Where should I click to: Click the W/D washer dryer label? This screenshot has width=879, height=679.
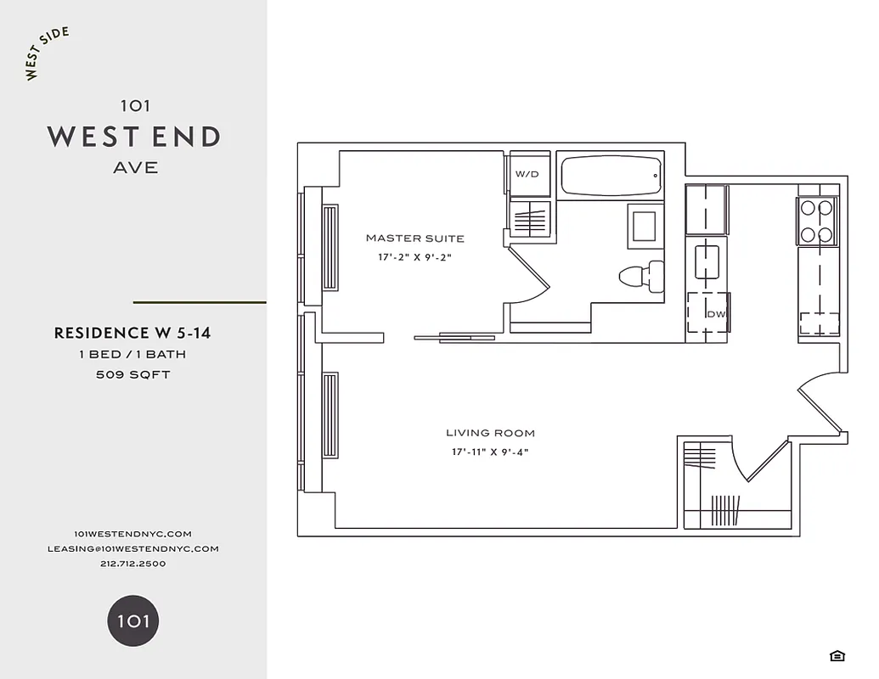pos(527,174)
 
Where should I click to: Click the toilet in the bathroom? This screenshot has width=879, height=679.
pos(642,276)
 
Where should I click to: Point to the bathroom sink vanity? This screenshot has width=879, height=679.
pos(645,227)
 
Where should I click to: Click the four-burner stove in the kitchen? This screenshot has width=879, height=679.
pos(817,221)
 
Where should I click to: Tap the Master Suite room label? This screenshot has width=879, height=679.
pos(414,238)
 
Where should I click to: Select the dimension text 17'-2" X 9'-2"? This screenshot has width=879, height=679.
pos(414,256)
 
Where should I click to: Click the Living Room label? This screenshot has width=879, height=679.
pos(490,433)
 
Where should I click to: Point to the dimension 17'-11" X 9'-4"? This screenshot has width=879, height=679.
pos(490,452)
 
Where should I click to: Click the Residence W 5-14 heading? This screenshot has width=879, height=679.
pos(132,333)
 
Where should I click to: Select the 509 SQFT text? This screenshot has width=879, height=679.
pos(132,374)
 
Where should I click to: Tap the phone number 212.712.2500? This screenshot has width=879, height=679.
pos(132,564)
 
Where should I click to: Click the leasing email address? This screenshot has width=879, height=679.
pos(132,548)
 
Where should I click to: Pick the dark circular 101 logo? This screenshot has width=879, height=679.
pos(133,620)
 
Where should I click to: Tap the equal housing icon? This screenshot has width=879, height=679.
pos(837,655)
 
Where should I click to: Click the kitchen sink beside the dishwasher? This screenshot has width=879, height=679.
pos(707,261)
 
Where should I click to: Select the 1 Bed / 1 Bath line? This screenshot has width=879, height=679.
pos(132,354)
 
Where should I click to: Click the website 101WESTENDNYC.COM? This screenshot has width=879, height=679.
pos(132,533)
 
